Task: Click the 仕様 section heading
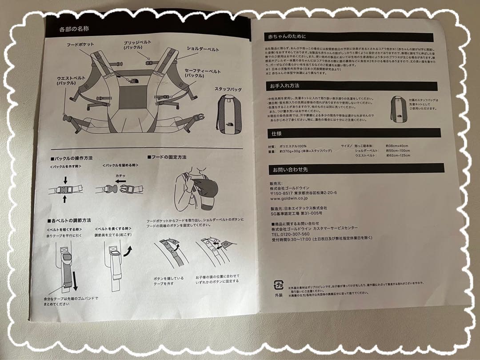tap(276, 133)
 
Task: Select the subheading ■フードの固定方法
tap(167, 157)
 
